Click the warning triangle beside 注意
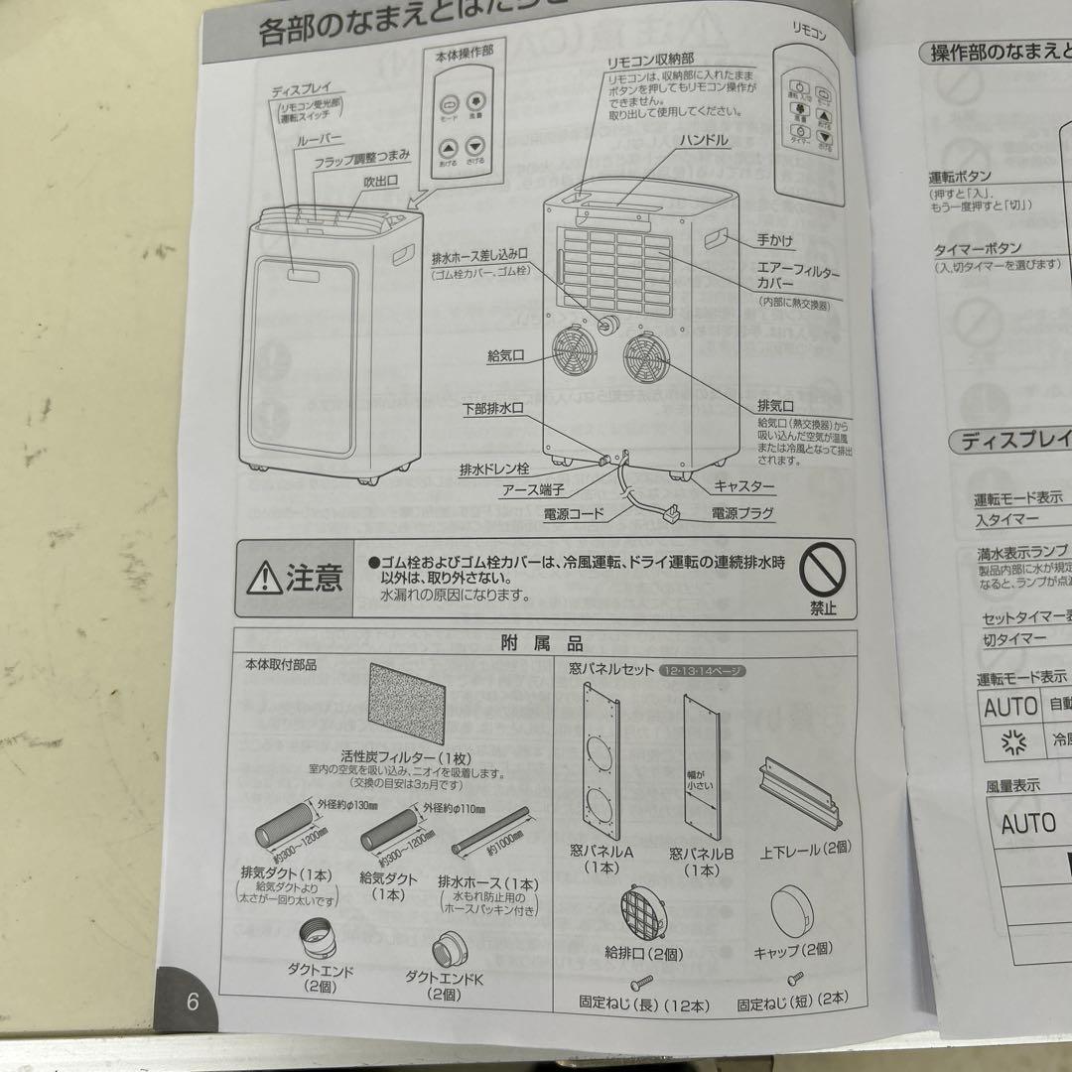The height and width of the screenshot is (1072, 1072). coord(264,577)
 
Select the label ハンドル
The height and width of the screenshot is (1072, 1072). coord(703,141)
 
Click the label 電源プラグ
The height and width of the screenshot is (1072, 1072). coord(741,513)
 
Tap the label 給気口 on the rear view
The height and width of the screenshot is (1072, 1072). coord(505,354)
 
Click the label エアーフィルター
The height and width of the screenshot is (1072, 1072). coord(798,269)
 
